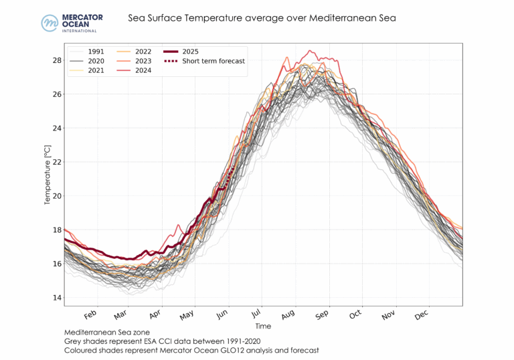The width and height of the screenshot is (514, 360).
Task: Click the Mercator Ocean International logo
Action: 69,22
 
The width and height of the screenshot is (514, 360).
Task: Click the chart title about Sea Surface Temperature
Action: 262,18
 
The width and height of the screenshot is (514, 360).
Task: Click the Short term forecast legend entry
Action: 213,61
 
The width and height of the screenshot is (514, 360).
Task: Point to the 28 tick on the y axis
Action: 57,60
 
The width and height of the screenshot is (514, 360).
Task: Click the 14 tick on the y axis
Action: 57,298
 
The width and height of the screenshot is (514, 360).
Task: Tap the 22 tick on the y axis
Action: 57,162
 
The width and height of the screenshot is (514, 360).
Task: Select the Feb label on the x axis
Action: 90,315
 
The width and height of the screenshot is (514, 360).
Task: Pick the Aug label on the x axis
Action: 288,315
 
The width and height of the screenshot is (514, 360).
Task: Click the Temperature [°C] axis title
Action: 47,174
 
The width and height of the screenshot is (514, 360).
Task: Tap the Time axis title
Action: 263,326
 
